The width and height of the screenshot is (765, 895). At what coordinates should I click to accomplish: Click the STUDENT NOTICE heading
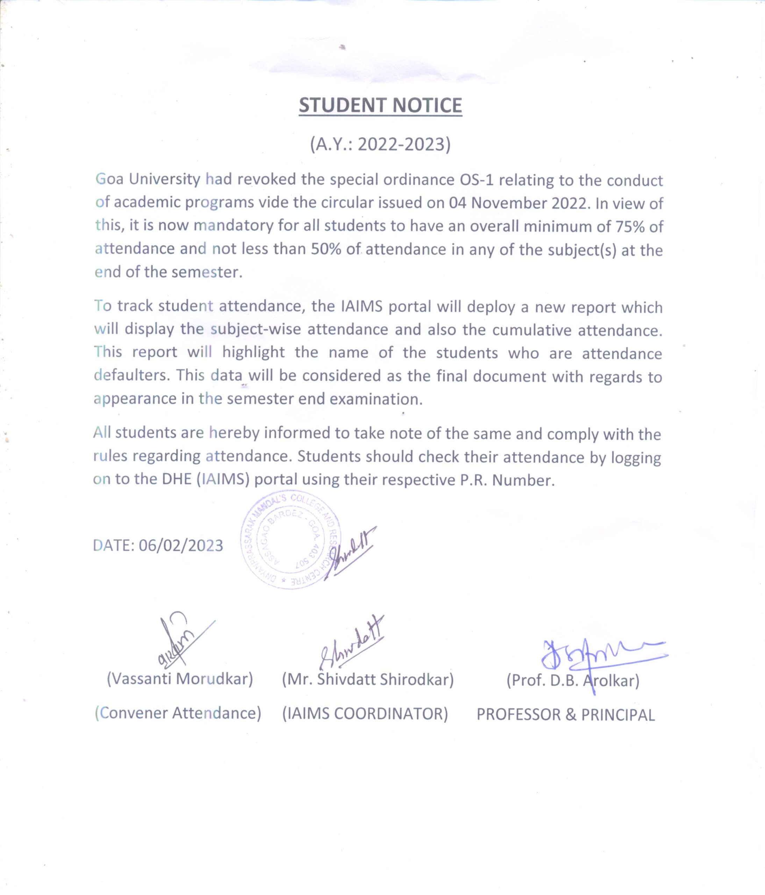pyautogui.click(x=380, y=105)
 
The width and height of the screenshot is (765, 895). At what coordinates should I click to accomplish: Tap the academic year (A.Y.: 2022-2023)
pyautogui.click(x=380, y=144)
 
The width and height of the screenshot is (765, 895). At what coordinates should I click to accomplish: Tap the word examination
pyautogui.click(x=376, y=399)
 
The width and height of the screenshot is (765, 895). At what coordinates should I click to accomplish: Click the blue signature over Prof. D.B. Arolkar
pyautogui.click(x=600, y=657)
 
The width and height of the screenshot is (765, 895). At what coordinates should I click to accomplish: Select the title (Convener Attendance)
pyautogui.click(x=178, y=713)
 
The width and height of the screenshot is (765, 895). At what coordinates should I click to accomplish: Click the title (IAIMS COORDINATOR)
pyautogui.click(x=365, y=714)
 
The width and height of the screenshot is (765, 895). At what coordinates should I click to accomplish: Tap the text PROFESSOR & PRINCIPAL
pyautogui.click(x=565, y=715)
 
